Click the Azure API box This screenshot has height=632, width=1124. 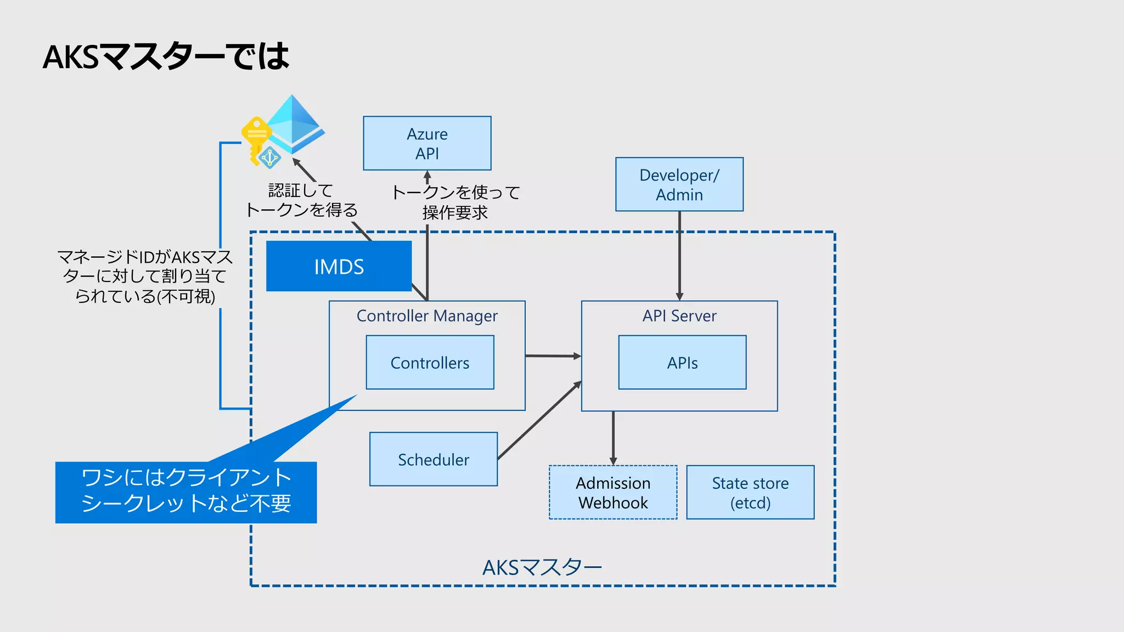point(427,143)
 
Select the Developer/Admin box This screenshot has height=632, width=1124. point(679,184)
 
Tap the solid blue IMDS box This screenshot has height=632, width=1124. point(339,267)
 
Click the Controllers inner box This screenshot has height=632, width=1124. point(430,363)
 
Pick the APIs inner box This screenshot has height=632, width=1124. point(682,363)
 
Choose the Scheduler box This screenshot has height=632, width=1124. point(433,459)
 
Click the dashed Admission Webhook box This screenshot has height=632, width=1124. point(612,493)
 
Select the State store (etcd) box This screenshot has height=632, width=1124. point(750,493)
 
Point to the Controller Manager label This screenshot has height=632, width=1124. point(427,316)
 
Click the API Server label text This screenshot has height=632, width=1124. point(679,316)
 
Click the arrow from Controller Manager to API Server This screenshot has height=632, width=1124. point(552,356)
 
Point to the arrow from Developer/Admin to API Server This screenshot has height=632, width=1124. point(679,255)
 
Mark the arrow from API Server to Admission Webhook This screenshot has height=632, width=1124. point(613,438)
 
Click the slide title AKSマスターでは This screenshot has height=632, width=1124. point(166,57)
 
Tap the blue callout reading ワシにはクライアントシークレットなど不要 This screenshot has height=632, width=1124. point(186,492)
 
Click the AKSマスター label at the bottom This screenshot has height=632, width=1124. point(542,567)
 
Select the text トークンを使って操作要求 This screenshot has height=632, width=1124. point(455,202)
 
